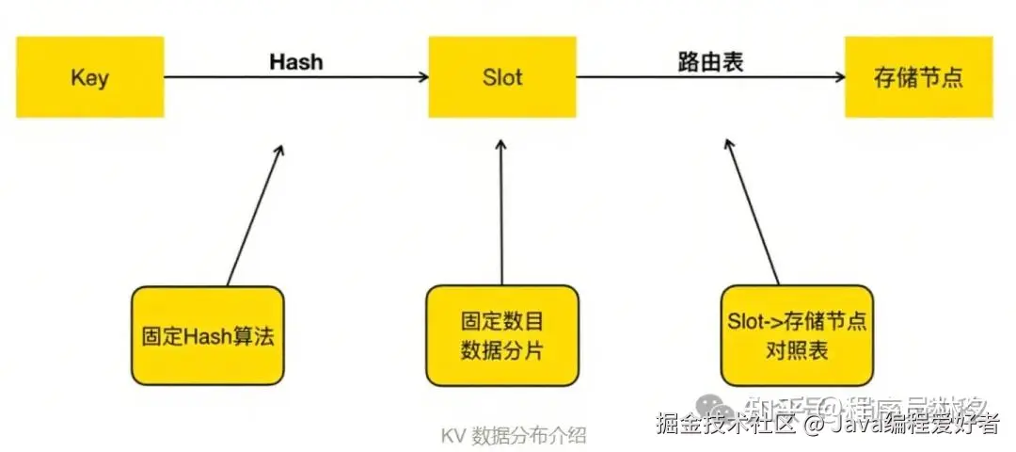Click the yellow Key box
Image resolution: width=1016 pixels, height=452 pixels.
pyautogui.click(x=89, y=77)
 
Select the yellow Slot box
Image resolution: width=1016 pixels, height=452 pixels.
pyautogui.click(x=501, y=77)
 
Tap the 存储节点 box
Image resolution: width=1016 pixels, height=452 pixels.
pyautogui.click(x=917, y=77)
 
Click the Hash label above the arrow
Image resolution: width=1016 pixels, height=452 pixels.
pyautogui.click(x=295, y=62)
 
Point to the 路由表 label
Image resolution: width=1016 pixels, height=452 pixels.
pyautogui.click(x=710, y=62)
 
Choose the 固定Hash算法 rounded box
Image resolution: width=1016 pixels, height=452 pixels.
pyautogui.click(x=207, y=336)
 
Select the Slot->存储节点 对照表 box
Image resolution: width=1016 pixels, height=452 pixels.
pyautogui.click(x=796, y=336)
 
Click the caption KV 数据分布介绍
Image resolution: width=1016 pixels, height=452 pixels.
pyautogui.click(x=514, y=435)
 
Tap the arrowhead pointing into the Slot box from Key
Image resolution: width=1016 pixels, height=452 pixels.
pyautogui.click(x=421, y=78)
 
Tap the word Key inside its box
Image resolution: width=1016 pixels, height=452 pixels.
pyautogui.click(x=89, y=77)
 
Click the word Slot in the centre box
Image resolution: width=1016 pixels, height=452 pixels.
pyautogui.click(x=501, y=77)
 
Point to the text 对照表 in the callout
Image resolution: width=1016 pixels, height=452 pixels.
pyautogui.click(x=796, y=351)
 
